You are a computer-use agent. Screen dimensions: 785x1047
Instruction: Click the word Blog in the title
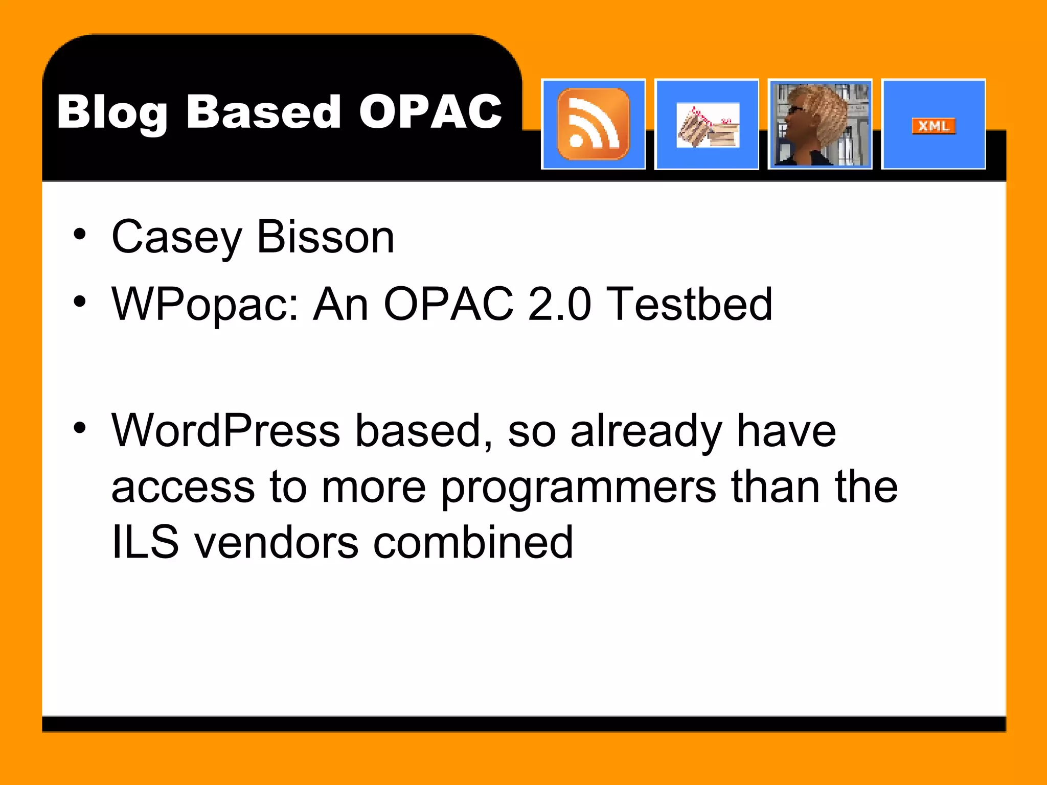coord(112,113)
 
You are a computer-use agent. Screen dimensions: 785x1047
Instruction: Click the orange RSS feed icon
coord(593,124)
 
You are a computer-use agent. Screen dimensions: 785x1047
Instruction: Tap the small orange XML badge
coord(934,126)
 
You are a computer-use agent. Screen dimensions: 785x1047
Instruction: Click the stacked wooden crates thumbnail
coord(708,126)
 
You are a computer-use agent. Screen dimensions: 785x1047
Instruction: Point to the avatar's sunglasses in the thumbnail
coord(795,110)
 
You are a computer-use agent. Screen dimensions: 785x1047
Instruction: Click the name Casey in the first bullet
coord(176,237)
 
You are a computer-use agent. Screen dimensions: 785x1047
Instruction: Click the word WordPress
coord(226,431)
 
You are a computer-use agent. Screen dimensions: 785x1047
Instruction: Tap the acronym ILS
coord(145,542)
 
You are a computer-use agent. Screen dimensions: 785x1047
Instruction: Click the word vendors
coord(277,542)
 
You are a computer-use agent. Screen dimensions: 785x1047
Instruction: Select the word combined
coord(473,542)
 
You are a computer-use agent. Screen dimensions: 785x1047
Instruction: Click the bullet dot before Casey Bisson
coord(80,235)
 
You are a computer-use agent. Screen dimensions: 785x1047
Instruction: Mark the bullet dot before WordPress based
coord(80,428)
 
